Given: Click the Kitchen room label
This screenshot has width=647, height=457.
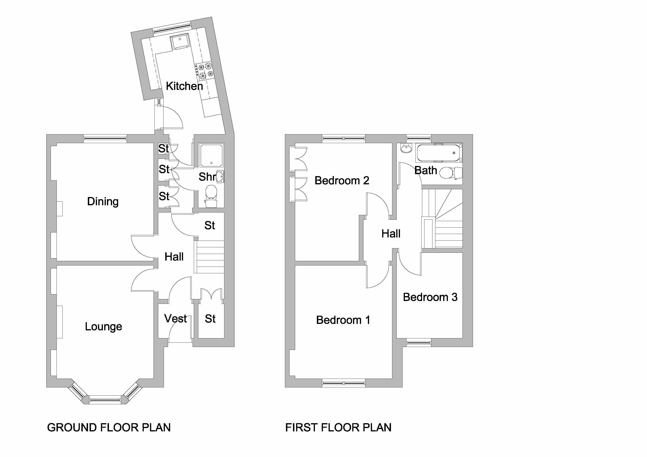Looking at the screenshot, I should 184,86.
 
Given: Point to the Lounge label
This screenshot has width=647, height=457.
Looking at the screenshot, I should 103,327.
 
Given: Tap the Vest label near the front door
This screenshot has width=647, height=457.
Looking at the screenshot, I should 175,318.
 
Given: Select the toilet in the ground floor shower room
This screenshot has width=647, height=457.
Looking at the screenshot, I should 211,196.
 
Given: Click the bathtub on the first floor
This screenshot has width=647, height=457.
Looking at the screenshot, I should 439,153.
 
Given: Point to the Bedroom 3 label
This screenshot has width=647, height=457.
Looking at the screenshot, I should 430,297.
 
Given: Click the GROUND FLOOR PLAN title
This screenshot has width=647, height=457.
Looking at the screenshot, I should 109,427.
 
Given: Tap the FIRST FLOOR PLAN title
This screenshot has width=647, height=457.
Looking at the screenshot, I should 338,427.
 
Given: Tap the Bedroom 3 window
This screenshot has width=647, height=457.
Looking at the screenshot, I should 419,342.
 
